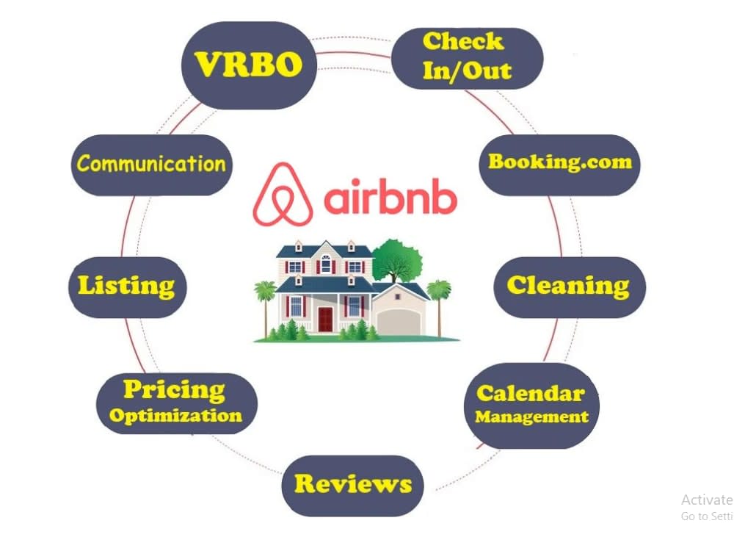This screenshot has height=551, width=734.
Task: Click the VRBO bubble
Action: click(249, 65)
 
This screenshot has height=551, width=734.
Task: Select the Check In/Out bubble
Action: click(467, 58)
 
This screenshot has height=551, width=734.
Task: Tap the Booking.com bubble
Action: click(559, 165)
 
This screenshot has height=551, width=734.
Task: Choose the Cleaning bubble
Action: click(570, 287)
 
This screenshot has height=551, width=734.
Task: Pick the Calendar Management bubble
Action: click(531, 406)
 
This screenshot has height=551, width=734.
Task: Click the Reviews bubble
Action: click(352, 486)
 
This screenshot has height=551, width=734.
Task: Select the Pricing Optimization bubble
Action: click(176, 403)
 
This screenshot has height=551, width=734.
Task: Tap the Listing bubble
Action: click(127, 287)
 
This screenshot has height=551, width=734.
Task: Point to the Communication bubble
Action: click(152, 165)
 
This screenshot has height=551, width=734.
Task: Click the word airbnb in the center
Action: click(390, 197)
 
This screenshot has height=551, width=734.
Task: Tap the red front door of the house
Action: click(325, 319)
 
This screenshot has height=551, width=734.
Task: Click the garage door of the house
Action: click(399, 323)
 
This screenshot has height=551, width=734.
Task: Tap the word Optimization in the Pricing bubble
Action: click(175, 416)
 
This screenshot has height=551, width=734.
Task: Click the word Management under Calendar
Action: click(531, 417)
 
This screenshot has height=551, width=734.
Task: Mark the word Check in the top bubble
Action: click(463, 42)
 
